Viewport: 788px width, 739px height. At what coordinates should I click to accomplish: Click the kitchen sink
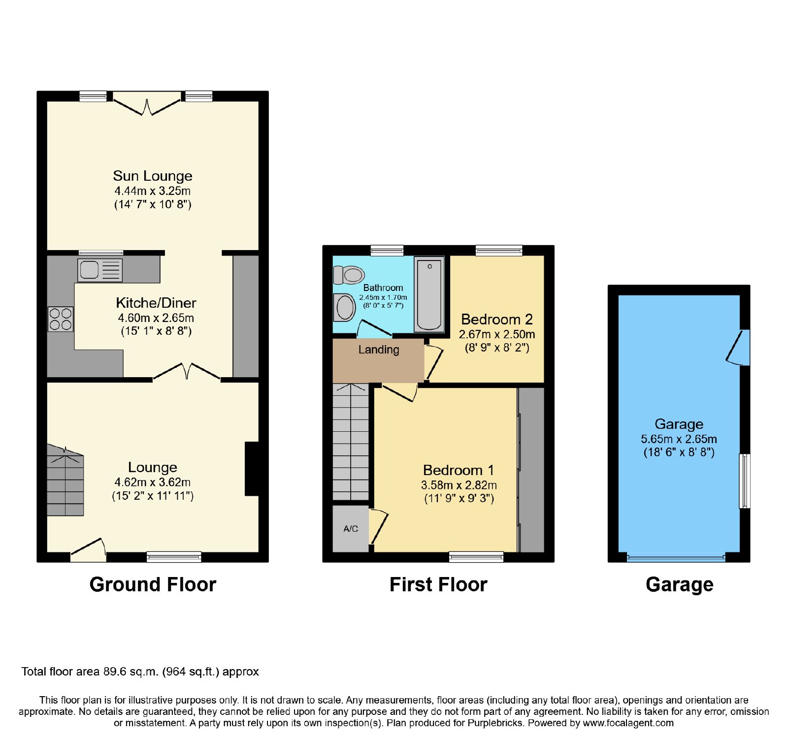click(100, 270)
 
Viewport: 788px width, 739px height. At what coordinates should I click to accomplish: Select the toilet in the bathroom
click(349, 275)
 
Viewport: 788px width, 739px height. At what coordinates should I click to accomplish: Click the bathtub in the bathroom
click(429, 294)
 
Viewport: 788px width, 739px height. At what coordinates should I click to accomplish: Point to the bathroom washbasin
click(344, 308)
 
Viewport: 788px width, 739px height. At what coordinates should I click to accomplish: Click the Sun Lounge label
click(153, 176)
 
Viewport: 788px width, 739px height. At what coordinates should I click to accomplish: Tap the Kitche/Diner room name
click(156, 303)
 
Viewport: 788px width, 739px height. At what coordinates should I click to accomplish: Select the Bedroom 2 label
click(497, 320)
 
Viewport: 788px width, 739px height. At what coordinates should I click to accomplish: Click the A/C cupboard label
click(351, 529)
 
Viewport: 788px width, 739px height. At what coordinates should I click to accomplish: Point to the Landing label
click(379, 350)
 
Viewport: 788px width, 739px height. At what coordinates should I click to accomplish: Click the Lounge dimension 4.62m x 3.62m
click(153, 482)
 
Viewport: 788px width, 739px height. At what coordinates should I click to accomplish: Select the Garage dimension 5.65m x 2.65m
click(679, 439)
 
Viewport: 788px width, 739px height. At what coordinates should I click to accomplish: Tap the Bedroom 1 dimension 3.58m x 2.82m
click(459, 485)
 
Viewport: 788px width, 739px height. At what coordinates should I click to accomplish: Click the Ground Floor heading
click(153, 584)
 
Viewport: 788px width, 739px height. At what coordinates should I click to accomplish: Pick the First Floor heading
click(438, 584)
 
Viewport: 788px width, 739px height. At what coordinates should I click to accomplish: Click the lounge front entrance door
click(89, 550)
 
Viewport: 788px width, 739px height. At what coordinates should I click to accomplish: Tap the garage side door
click(738, 348)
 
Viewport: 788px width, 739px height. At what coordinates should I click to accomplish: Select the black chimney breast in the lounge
click(252, 469)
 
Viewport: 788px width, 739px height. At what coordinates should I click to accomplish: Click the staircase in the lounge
click(66, 480)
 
